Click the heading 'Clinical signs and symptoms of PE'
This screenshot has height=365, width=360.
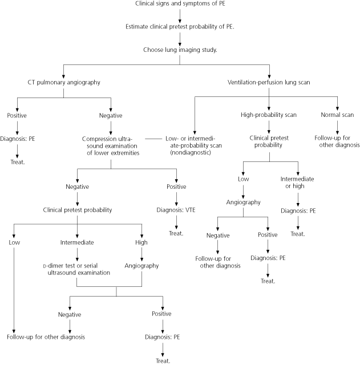180,5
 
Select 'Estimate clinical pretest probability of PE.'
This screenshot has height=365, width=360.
180,27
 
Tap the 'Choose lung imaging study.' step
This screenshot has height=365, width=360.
180,50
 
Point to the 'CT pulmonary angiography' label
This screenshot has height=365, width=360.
63,82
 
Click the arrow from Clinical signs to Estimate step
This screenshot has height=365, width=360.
180,15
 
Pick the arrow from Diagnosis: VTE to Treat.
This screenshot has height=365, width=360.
176,222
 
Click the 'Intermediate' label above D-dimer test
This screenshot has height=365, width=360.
77,242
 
